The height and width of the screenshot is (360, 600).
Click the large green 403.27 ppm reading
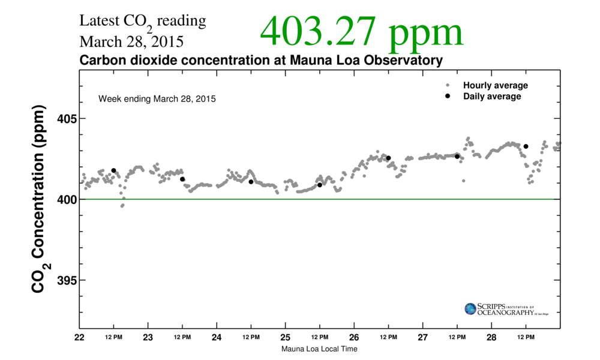pos(362,32)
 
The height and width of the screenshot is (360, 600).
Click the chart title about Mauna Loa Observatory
pos(261,61)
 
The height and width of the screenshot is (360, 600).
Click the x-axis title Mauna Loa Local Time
pos(319,349)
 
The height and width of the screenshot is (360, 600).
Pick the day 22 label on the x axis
pos(79,337)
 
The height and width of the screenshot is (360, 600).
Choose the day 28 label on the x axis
pos(491,337)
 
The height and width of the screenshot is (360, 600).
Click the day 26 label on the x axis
pos(354,337)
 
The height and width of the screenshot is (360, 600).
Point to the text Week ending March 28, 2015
pos(157,98)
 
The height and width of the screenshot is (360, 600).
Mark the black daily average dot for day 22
pos(113,170)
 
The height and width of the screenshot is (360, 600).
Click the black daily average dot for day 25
pos(320,185)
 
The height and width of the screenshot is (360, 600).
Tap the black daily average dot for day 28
pos(526,146)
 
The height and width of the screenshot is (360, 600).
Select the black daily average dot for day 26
pos(388,158)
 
